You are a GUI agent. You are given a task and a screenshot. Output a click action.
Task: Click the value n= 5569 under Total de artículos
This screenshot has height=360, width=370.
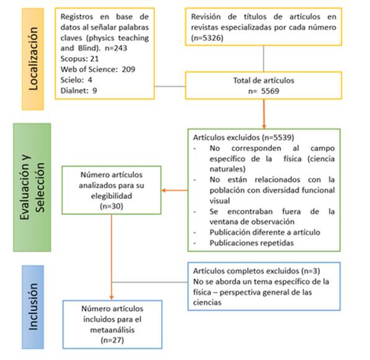(263, 89)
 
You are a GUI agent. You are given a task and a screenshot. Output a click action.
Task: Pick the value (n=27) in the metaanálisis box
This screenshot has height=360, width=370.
(112, 340)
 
